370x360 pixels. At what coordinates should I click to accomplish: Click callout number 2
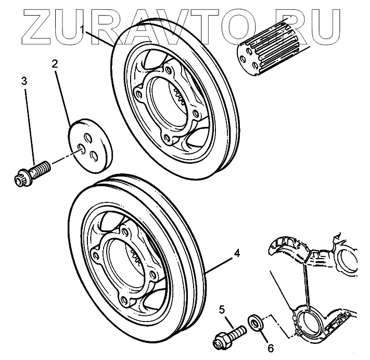(x=54, y=64)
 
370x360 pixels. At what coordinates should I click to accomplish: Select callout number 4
(x=237, y=254)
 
